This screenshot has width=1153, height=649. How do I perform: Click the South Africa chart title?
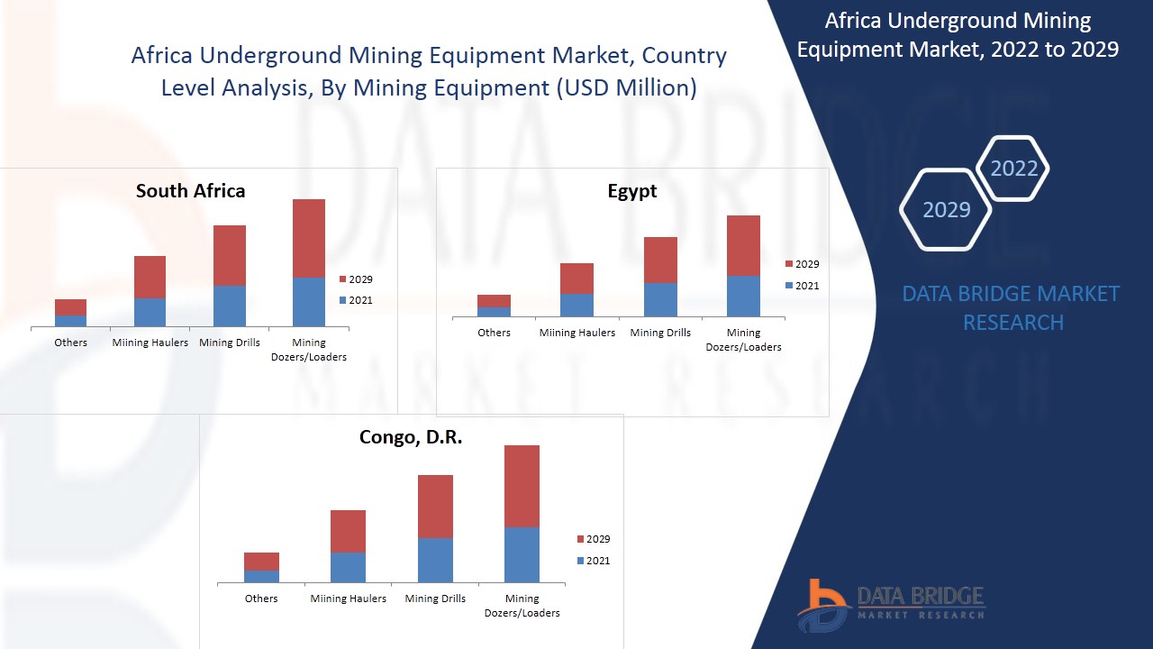point(190,191)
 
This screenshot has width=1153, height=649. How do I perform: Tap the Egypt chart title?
point(632,191)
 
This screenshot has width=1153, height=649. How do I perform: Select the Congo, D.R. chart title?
point(411,437)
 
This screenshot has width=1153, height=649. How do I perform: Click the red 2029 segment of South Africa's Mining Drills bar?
point(230,255)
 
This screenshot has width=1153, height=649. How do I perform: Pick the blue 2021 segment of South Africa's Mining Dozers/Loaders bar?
point(309,302)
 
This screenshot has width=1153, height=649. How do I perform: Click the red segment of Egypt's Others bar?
point(494,301)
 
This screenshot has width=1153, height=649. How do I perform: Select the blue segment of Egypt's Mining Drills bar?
point(660,299)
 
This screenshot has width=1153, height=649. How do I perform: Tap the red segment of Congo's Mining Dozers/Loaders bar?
point(522,486)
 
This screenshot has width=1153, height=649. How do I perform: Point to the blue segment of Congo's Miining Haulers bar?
point(348,567)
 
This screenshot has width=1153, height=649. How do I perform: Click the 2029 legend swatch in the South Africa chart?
point(342,279)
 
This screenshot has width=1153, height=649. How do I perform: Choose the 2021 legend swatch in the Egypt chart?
point(789,286)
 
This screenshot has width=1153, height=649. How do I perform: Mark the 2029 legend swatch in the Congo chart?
point(580,539)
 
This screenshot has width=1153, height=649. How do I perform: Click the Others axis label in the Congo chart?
point(261,599)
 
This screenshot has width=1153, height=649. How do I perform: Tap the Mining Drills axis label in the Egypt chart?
point(660,333)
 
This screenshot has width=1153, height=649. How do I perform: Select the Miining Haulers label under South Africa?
point(150,343)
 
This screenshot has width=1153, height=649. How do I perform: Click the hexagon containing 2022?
point(1013,169)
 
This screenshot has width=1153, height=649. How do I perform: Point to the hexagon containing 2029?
point(946,210)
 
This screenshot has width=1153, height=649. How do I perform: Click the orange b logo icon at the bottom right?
point(822,606)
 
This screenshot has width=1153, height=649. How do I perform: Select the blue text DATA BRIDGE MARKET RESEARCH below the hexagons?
point(1012,307)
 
